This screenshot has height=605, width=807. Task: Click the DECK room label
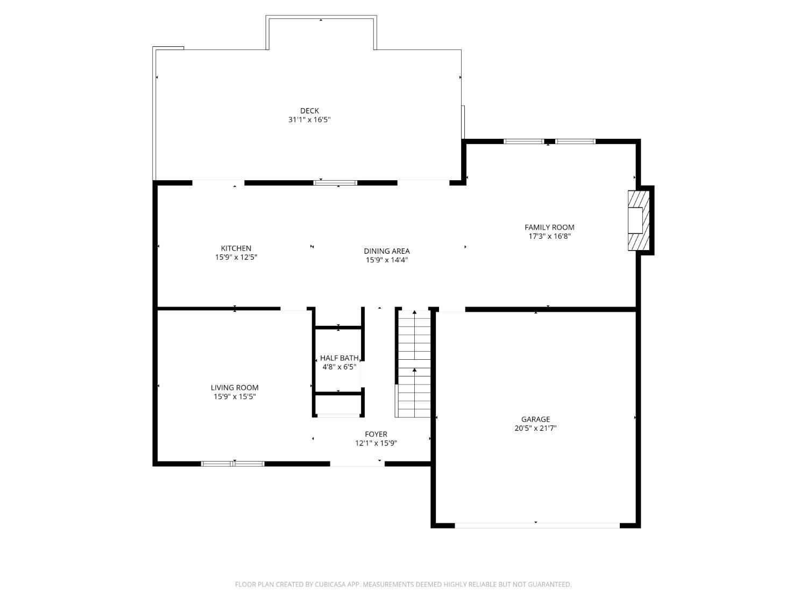click(x=309, y=111)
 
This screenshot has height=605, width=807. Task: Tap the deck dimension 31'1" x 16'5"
click(x=309, y=120)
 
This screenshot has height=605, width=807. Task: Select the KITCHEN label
click(x=236, y=248)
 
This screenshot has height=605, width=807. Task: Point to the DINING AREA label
click(x=387, y=251)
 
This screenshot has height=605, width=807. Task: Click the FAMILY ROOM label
click(x=549, y=227)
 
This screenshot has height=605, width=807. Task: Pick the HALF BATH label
click(x=339, y=358)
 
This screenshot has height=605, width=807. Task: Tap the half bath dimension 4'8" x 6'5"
click(x=339, y=367)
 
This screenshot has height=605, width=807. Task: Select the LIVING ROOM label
click(x=235, y=388)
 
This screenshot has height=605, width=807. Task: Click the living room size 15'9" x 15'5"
click(x=235, y=397)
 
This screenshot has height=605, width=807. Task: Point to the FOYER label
click(x=376, y=435)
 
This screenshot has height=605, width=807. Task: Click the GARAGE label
click(x=535, y=419)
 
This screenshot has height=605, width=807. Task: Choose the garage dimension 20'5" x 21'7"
click(x=535, y=429)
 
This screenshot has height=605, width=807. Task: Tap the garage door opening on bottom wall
click(x=537, y=525)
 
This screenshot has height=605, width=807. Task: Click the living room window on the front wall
click(x=233, y=464)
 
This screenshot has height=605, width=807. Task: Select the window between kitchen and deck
click(x=336, y=183)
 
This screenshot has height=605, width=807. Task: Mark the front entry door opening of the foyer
click(x=357, y=464)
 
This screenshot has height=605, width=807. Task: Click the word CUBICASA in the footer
click(x=330, y=585)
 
